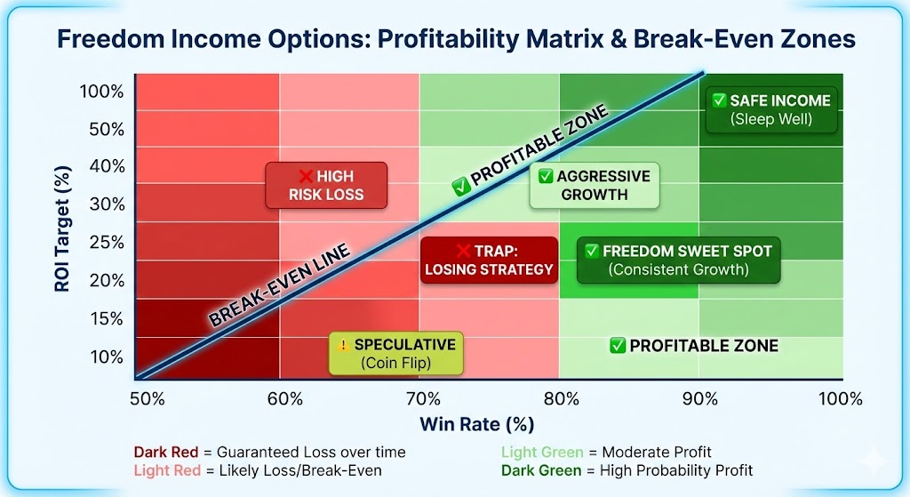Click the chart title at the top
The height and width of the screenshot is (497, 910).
[455, 40]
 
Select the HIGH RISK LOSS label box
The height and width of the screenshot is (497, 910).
[326, 185]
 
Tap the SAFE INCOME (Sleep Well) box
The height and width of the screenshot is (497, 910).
[770, 108]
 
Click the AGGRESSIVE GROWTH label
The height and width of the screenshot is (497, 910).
[595, 185]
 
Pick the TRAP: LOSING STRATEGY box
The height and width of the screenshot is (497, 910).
[489, 260]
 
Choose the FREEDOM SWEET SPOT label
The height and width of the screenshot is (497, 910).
[678, 260]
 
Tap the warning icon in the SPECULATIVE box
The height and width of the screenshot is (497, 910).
[342, 345]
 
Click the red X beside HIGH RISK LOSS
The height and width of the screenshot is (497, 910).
[303, 176]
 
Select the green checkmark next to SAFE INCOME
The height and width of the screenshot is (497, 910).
[717, 100]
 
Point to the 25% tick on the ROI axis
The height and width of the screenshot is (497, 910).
[107, 242]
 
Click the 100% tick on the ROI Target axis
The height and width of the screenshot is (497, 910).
[102, 92]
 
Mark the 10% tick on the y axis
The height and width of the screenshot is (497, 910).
[107, 357]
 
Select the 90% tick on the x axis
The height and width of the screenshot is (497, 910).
[700, 398]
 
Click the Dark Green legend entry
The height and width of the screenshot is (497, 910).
[627, 469]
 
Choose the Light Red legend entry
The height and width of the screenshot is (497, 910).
[258, 469]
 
